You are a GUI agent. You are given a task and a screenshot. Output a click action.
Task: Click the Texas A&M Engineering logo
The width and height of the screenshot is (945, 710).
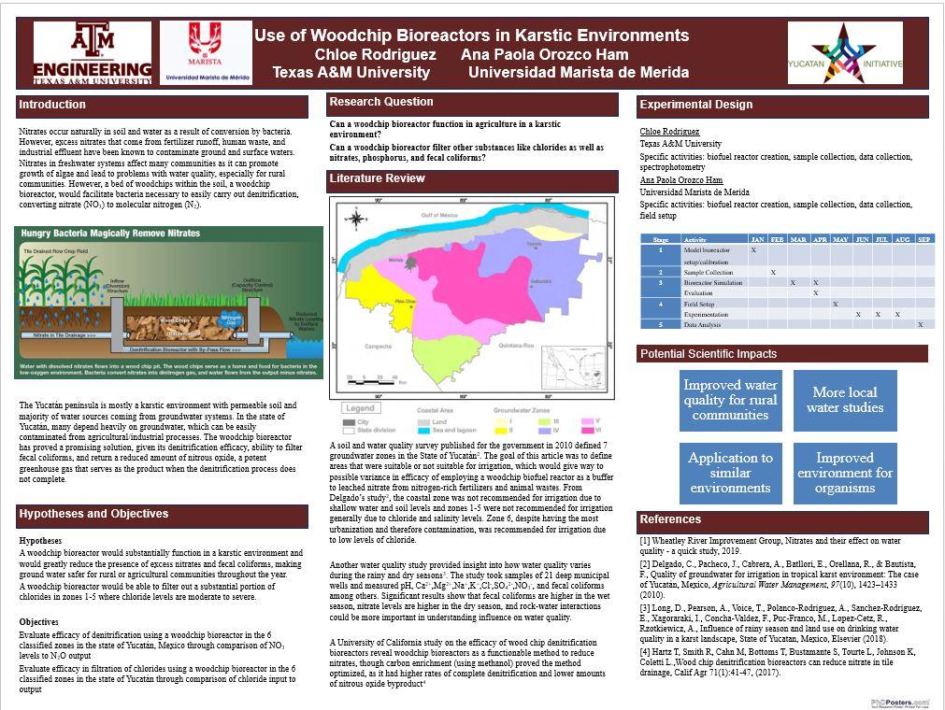click(x=92, y=53)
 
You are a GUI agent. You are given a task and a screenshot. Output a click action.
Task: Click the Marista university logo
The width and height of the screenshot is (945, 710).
click(x=206, y=52)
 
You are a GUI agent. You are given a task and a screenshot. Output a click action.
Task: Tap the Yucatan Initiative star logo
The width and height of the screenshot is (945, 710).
click(x=845, y=54)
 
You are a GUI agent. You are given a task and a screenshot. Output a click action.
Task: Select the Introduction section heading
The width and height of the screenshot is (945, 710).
click(x=52, y=105)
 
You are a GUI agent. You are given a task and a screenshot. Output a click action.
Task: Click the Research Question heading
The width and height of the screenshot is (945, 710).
click(x=381, y=102)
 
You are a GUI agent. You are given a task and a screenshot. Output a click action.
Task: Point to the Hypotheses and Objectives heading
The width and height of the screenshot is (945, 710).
click(x=93, y=514)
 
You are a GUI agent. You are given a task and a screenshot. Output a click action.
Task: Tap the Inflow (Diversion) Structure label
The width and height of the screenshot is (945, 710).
click(x=118, y=285)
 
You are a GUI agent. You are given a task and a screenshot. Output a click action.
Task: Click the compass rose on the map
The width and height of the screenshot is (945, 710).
click(x=356, y=220)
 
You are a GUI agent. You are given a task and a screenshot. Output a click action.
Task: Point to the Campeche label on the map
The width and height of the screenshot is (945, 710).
click(x=378, y=346)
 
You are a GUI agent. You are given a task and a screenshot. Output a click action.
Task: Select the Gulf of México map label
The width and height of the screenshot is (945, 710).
click(x=443, y=215)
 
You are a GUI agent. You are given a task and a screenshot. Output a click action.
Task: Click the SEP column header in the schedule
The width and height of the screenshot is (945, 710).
click(x=923, y=239)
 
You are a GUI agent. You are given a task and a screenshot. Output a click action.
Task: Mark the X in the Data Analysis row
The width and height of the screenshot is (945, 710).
click(x=920, y=324)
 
